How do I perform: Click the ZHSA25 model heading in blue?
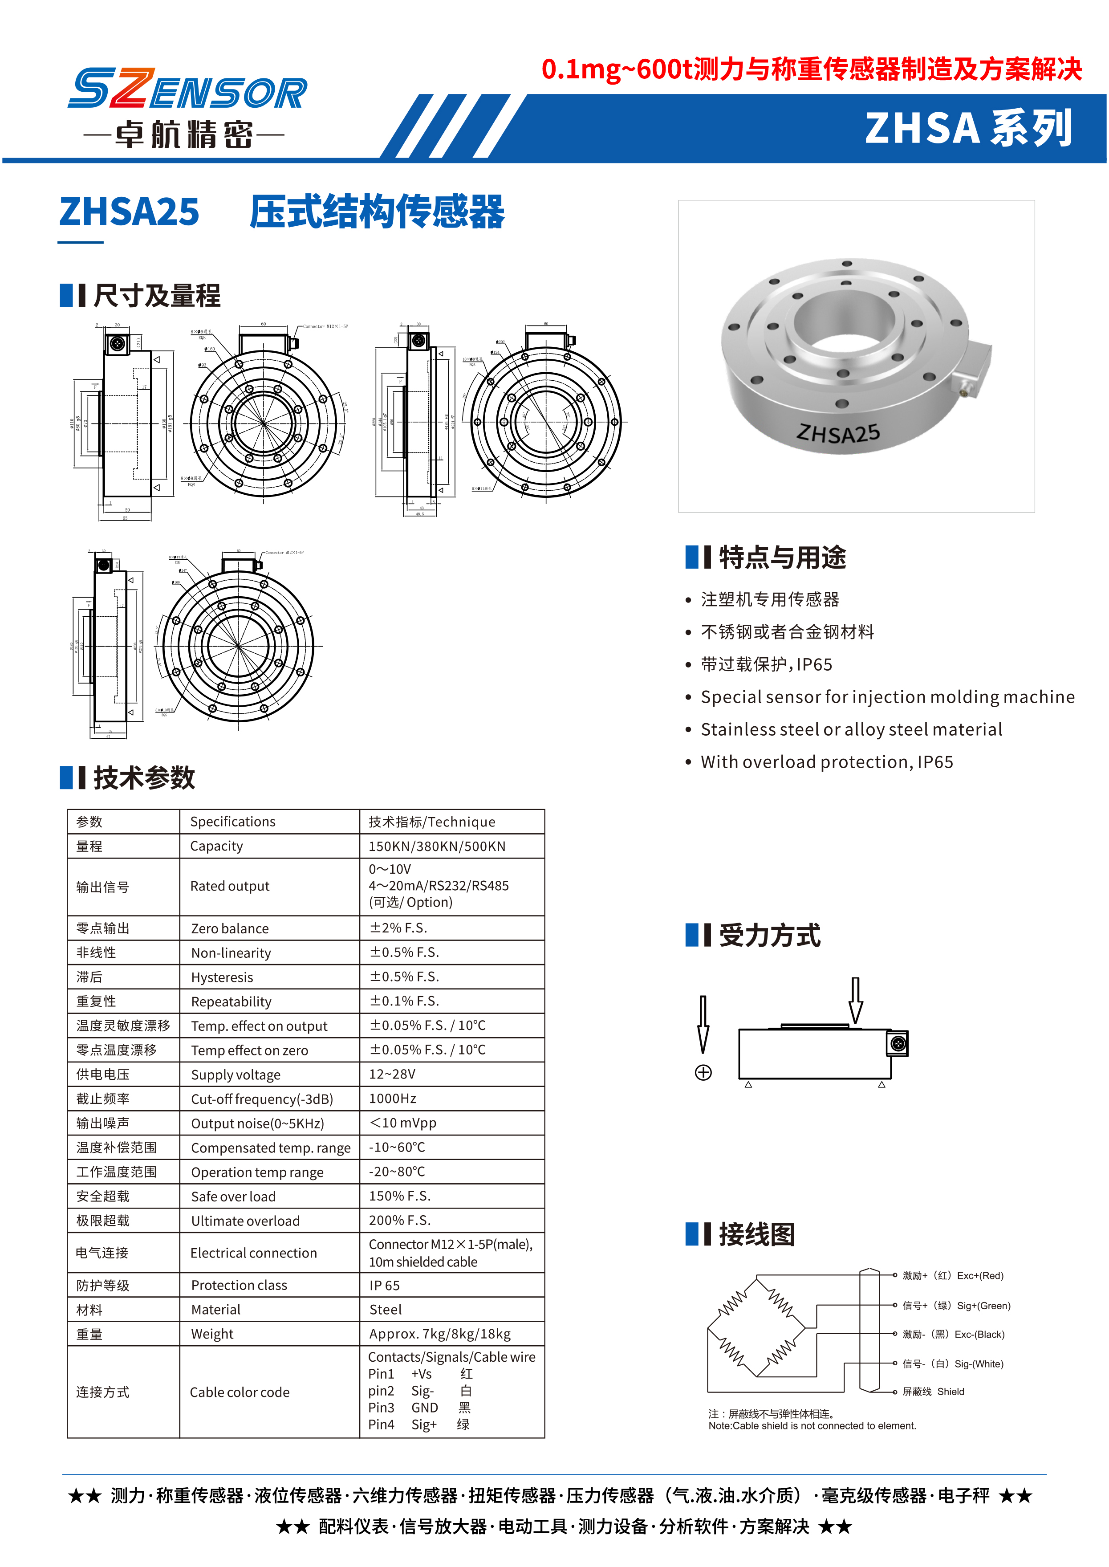(129, 212)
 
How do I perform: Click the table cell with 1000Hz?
(393, 1099)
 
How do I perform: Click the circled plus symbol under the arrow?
(703, 1072)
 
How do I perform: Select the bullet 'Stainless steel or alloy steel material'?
(851, 729)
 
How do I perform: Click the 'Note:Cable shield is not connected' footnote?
(812, 1425)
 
